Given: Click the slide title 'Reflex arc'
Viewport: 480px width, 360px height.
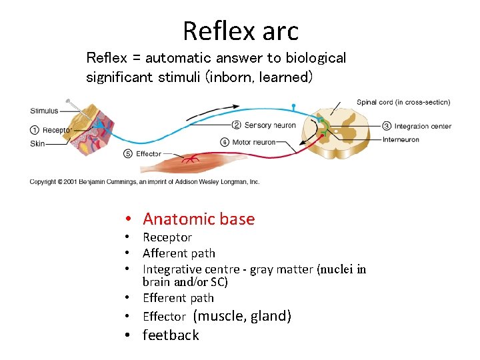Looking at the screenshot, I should pos(240,31).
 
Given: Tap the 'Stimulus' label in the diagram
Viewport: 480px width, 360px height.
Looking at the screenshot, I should pos(44,111).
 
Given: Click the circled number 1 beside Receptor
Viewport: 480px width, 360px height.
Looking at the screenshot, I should pos(35,129).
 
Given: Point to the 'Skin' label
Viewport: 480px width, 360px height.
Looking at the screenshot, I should pos(37,143).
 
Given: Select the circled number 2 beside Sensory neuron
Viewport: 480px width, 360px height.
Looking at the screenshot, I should pos(236,125).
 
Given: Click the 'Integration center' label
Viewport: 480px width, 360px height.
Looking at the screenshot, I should pos(423,126).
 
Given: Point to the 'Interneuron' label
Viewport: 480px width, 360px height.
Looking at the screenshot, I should pos(401,139).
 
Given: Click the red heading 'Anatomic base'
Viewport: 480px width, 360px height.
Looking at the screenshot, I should pos(199,219).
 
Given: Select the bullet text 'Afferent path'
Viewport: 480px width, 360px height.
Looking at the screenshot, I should pos(179,253).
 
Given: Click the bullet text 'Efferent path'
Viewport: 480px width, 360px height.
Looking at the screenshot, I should pos(178,297).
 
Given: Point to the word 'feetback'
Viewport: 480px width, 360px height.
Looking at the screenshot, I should pos(171,335).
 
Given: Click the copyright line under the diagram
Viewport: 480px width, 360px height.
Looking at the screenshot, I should pos(144,181).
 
